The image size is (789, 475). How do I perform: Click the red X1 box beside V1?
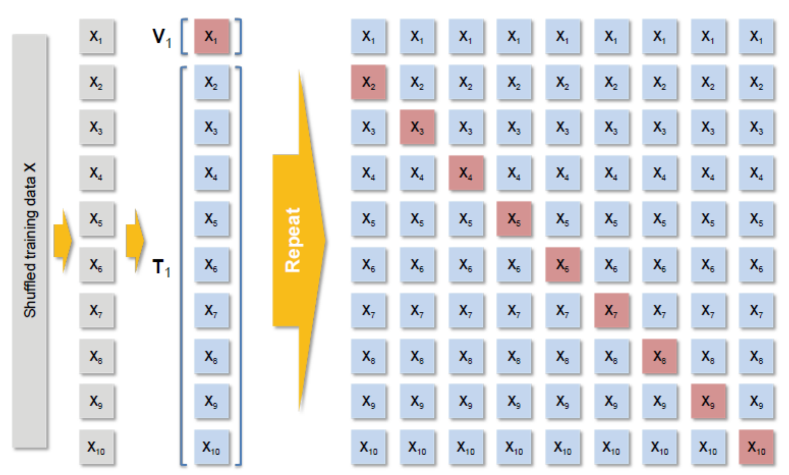pyautogui.click(x=212, y=36)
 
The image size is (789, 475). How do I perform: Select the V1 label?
pyautogui.click(x=161, y=38)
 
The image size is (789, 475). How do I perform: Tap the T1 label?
pyautogui.click(x=161, y=267)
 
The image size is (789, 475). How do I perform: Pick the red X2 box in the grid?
pyautogui.click(x=368, y=82)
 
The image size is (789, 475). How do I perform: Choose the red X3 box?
pyautogui.click(x=417, y=127)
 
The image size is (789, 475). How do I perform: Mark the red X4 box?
pyautogui.click(x=466, y=173)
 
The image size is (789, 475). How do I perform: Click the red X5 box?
pyautogui.click(x=514, y=219)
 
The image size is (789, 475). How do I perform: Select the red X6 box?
pyautogui.click(x=563, y=265)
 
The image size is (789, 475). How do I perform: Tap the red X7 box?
pyautogui.click(x=611, y=310)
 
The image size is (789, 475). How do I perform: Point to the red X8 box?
pyautogui.click(x=659, y=356)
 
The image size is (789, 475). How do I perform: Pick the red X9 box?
pyautogui.click(x=708, y=402)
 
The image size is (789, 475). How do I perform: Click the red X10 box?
pyautogui.click(x=756, y=447)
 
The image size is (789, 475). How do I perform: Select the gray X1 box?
pyautogui.click(x=96, y=36)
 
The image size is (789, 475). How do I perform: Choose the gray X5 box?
pyautogui.click(x=96, y=219)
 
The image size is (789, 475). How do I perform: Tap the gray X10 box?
pyautogui.click(x=96, y=447)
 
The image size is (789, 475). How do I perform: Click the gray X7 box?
pyautogui.click(x=96, y=310)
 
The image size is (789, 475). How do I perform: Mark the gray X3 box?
pyautogui.click(x=96, y=127)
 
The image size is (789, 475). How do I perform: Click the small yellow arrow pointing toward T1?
pyautogui.click(x=135, y=240)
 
